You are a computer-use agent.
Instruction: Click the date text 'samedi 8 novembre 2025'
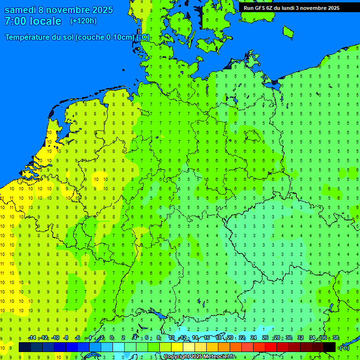pos(58,10)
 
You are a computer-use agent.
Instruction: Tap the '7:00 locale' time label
pos(33,21)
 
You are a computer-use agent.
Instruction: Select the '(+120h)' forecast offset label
pos(83,21)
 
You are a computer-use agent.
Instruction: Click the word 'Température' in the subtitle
pos(28,37)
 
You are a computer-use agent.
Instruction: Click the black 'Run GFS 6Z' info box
pos(291,8)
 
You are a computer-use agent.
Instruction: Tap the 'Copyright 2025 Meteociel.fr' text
pos(199,357)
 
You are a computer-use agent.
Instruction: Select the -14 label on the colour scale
pos(32,338)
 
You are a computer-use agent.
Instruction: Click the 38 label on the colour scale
pos(336,338)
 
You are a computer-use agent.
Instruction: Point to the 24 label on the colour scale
pos(254,338)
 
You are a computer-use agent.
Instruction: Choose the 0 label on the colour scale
pos(112,338)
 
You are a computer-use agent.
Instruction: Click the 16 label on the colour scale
pos(207,338)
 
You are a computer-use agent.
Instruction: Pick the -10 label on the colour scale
pos(55,338)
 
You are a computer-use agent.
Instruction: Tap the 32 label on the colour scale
pos(300,338)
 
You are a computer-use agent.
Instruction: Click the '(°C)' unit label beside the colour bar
pos(345,348)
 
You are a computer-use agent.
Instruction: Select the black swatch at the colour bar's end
pos(330,347)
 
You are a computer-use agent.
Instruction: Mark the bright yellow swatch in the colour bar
pos(177,347)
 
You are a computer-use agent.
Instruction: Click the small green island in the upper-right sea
pos(288,31)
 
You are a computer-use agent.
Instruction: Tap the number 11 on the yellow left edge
pos(2,263)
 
